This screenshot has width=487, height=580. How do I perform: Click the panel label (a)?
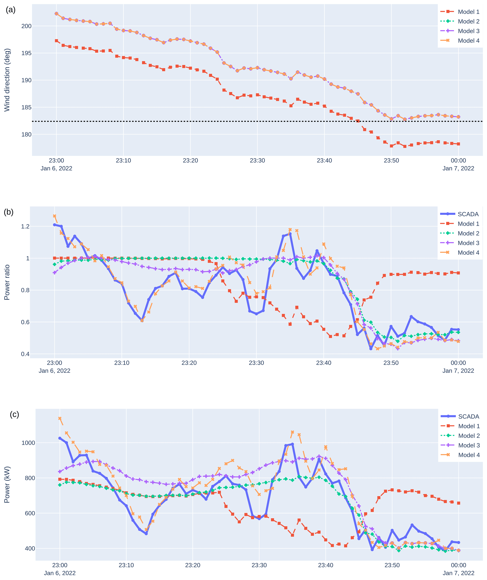[11, 10]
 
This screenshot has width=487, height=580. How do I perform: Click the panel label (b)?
[8, 212]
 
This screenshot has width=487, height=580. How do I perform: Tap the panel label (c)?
[14, 414]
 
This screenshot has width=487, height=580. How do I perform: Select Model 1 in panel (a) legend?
[468, 12]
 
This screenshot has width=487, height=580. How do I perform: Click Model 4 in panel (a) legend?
[468, 41]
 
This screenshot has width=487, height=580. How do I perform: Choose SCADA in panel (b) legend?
[468, 214]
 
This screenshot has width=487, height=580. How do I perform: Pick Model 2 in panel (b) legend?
[468, 234]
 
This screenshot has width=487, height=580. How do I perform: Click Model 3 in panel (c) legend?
[469, 445]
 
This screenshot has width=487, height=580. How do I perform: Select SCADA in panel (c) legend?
[468, 416]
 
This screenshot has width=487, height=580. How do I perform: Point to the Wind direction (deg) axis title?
[7, 80]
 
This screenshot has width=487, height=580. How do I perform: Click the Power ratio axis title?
[7, 282]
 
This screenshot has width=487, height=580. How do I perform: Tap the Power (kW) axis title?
[7, 485]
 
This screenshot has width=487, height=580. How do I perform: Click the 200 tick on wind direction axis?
[26, 26]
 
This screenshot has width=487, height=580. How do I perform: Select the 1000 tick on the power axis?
[28, 443]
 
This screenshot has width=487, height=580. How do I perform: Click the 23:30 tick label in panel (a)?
[257, 161]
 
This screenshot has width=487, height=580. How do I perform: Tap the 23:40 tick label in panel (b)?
[323, 363]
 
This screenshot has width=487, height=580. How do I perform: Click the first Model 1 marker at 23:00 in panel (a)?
[57, 41]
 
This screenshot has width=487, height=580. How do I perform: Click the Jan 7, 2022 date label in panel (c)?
[458, 573]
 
